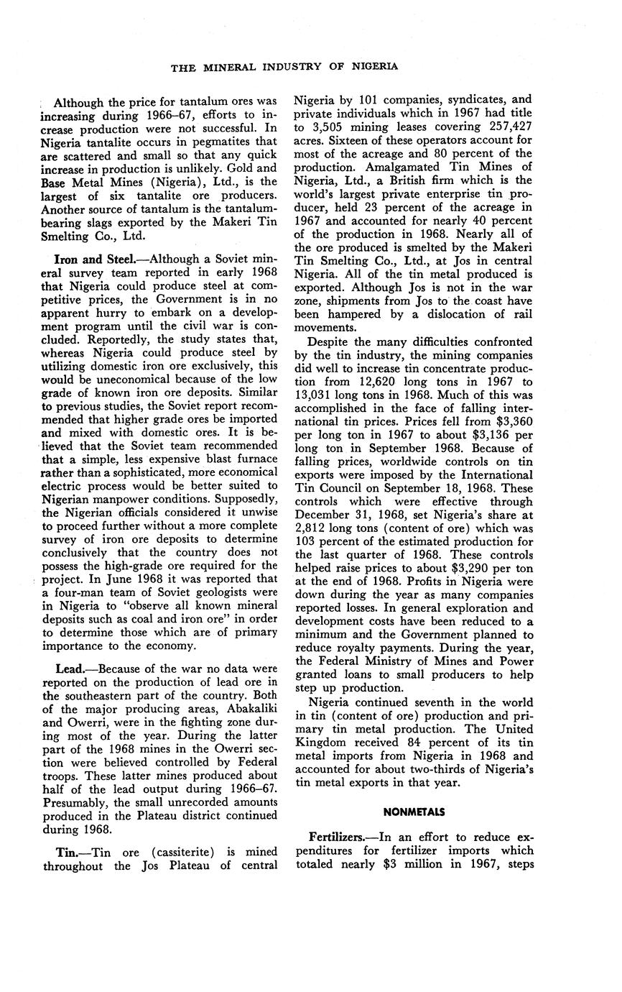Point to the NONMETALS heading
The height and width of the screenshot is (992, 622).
click(x=414, y=812)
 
